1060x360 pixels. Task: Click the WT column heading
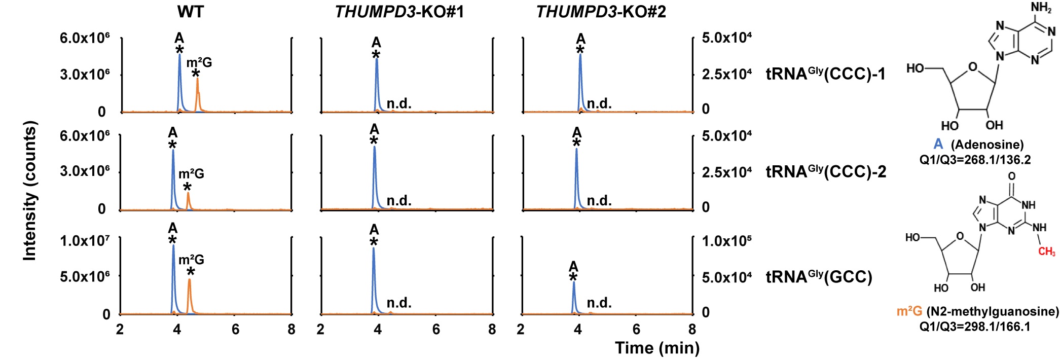[x=191, y=12]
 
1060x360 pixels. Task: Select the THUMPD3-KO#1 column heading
[x=399, y=12]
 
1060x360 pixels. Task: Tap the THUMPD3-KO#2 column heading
[x=601, y=12]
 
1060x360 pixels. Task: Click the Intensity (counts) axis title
[x=30, y=191]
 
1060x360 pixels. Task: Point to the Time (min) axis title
[x=657, y=348]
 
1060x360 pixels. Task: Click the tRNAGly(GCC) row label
[x=819, y=277]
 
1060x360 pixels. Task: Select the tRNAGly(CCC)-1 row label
[x=825, y=74]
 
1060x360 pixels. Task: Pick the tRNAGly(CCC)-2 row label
[x=826, y=172]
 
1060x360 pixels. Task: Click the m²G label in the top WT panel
[x=199, y=63]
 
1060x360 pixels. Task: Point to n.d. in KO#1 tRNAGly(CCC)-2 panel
[x=399, y=201]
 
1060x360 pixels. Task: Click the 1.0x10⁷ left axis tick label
[x=85, y=240]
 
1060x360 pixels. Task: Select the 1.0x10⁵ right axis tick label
[x=726, y=240]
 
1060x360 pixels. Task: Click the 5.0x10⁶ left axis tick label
[x=85, y=277]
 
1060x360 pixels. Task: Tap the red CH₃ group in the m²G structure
[x=1046, y=251]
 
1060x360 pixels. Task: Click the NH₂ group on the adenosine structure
[x=1041, y=8]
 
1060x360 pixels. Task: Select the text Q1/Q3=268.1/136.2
[x=975, y=160]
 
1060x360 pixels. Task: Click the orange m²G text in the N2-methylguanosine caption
[x=909, y=311]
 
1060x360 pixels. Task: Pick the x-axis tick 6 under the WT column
[x=235, y=330]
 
